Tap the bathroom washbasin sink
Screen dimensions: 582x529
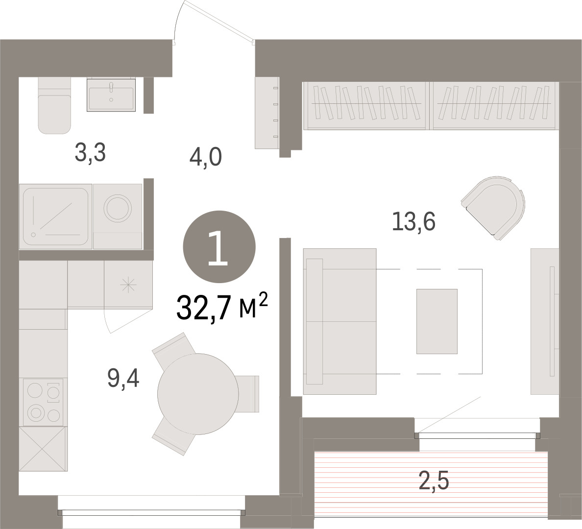(111, 95)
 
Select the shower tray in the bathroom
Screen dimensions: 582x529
(56, 216)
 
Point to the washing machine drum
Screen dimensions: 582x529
(117, 208)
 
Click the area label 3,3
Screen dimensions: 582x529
(90, 152)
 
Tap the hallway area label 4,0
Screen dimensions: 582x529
(206, 157)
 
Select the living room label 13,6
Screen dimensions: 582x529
(413, 221)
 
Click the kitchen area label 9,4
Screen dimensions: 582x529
(123, 378)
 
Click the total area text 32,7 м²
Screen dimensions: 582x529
(222, 307)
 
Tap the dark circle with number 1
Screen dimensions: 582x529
(219, 247)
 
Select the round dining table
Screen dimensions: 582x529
(198, 394)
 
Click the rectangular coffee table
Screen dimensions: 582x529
(437, 321)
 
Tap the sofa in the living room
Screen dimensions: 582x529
(339, 321)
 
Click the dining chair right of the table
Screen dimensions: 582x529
(247, 394)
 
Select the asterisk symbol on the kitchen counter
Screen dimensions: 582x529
(128, 285)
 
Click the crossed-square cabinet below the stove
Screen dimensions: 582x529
(43, 449)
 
